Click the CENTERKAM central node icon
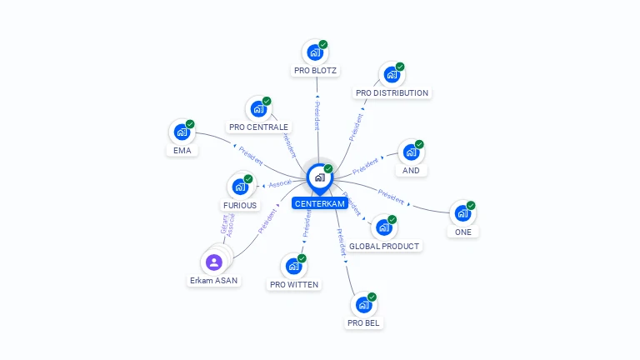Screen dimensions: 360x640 pos(319,177)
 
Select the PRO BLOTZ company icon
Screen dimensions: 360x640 pos(315,52)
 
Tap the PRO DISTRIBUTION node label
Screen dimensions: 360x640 pos(392,93)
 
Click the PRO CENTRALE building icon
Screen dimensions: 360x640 pos(258,109)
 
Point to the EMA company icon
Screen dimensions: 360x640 pos(182,132)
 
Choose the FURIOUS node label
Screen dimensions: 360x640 pos(240,205)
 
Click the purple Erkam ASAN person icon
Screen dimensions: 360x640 pos(214,262)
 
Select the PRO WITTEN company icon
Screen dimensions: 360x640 pos(293,266)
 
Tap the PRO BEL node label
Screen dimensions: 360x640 pos(364,322)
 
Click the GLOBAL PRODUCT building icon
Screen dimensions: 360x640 pos(383,227)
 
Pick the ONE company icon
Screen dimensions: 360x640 pos(462,213)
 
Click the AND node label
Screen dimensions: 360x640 pos(411,171)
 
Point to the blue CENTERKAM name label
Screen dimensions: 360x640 pos(319,203)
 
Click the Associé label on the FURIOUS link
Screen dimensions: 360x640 pos(280,182)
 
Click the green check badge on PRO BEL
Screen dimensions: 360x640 pos(372,297)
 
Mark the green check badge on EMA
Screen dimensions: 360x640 pos(190,124)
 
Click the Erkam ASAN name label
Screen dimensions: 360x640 pos(214,281)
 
